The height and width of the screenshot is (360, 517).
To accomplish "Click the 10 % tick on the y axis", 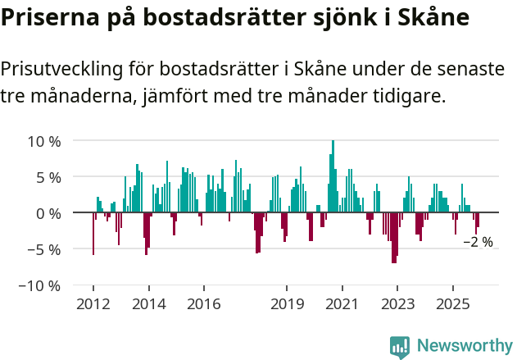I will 45,141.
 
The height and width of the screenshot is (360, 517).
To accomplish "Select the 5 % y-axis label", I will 49,177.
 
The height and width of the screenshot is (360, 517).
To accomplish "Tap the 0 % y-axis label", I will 49,213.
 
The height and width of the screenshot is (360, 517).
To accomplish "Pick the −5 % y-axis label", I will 45,249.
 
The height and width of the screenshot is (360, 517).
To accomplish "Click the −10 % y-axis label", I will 41,285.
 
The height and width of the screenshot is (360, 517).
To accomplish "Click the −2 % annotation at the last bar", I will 478,242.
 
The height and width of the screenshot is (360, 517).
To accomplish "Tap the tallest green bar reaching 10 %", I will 333,176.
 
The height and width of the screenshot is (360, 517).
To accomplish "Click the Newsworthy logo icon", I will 400,346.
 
